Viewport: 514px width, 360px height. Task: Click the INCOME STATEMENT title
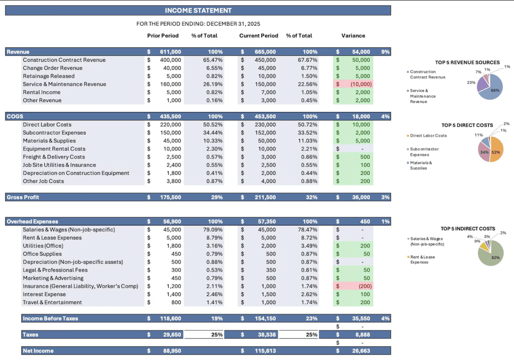(198, 11)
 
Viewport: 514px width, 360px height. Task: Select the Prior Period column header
(163, 36)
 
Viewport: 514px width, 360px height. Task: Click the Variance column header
(353, 36)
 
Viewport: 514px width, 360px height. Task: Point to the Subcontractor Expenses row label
(54, 133)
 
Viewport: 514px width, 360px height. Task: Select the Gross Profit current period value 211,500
(265, 197)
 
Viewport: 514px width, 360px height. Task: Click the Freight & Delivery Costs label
(54, 157)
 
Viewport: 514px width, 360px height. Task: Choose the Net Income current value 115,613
(265, 350)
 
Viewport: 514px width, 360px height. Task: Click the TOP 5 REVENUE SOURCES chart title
(467, 62)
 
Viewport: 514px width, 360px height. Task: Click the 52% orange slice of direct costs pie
(496, 151)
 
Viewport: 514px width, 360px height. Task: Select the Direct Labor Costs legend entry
(428, 136)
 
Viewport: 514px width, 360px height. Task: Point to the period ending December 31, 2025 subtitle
(198, 24)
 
